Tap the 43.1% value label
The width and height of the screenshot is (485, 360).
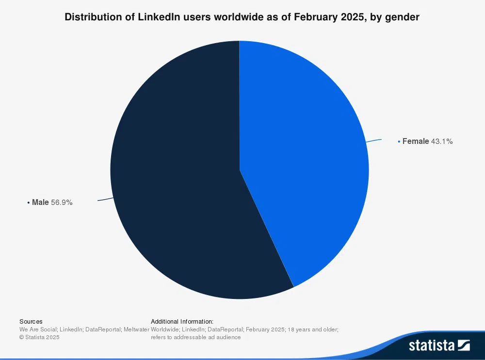click(442, 141)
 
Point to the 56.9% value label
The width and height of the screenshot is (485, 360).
click(62, 203)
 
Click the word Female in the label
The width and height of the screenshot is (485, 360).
click(416, 141)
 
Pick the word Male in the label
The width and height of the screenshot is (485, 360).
click(40, 203)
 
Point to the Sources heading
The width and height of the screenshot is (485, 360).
click(31, 321)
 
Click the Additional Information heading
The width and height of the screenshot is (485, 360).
click(182, 321)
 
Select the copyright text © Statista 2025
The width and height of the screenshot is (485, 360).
click(39, 337)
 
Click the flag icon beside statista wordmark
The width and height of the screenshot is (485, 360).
click(464, 345)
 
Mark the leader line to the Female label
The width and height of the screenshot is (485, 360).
click(374, 141)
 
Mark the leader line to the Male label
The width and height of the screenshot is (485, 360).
click(105, 200)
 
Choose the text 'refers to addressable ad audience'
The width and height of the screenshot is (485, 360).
click(195, 337)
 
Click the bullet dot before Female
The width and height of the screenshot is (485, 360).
click(399, 141)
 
